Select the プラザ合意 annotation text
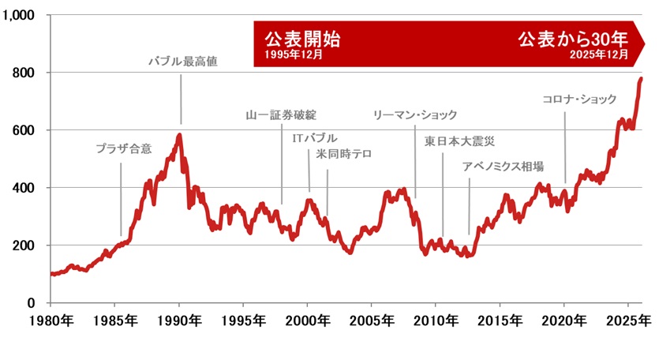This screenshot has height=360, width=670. pos(123,148)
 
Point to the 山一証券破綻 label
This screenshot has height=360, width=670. pos(281,115)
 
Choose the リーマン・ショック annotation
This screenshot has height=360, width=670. pos(415,115)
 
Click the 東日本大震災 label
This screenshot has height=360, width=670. pos(459,142)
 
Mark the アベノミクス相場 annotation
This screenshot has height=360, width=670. pos(503,166)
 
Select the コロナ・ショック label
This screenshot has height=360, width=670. pos(579,99)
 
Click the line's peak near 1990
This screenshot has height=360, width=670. pos(180,135)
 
